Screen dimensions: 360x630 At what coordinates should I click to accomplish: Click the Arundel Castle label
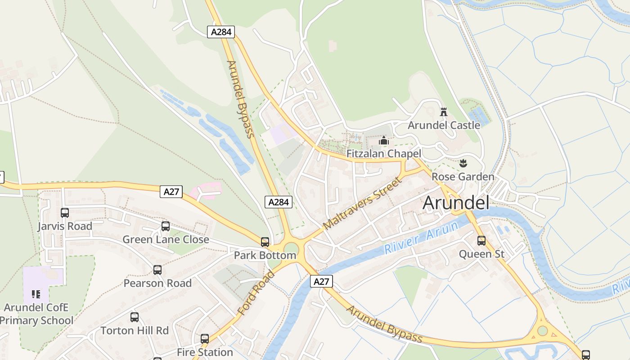[444, 125]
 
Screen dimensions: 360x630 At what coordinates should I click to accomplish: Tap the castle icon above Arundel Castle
[444, 112]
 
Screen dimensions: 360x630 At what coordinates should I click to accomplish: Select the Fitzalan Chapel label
[383, 153]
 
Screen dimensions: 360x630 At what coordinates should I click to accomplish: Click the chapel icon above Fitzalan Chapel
[383, 141]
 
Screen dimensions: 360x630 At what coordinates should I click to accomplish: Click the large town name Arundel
[456, 202]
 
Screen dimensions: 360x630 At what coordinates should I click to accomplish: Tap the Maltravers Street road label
[362, 203]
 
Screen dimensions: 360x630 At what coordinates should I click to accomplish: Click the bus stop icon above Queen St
[481, 241]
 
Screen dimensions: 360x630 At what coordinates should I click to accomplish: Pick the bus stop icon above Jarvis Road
[65, 213]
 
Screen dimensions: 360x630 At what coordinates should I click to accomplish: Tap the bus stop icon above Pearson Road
[157, 270]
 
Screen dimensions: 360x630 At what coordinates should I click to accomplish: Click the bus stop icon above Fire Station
[205, 339]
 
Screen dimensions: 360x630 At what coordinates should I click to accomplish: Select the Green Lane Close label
[166, 239]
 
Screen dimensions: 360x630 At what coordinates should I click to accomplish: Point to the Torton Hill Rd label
[135, 330]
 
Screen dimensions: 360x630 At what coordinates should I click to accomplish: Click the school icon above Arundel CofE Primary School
[36, 295]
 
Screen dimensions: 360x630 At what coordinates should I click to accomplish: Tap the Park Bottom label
[265, 256]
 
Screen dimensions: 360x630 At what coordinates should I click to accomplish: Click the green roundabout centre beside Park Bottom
[291, 249]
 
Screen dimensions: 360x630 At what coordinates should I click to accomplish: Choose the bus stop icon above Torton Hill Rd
[135, 317]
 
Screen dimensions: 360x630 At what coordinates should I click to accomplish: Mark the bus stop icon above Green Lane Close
[166, 226]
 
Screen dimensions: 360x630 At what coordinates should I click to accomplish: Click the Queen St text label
[481, 254]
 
